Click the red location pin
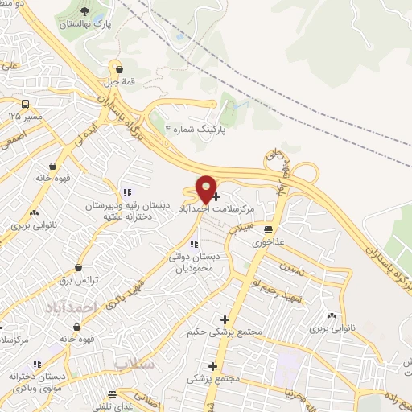[207, 189]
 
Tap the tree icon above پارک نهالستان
[86, 11]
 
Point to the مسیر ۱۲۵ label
[25, 117]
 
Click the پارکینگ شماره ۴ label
[196, 128]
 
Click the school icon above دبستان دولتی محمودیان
[193, 244]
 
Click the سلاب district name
[133, 364]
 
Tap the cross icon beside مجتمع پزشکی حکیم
[225, 319]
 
